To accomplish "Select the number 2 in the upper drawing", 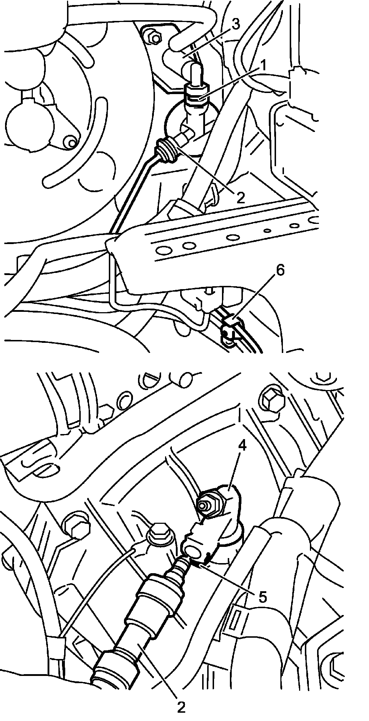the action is pos(240,196).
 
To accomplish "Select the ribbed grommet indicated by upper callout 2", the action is pos(166,150).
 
